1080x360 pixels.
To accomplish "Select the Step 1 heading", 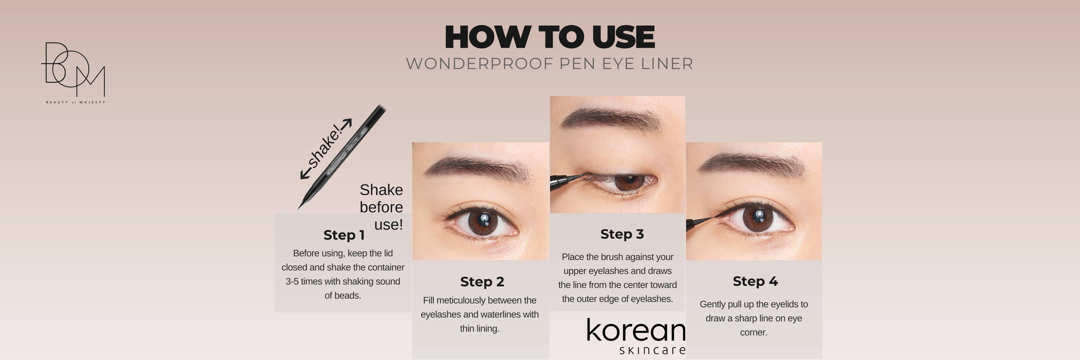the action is (x=344, y=235).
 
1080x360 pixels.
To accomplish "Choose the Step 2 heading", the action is (x=482, y=282).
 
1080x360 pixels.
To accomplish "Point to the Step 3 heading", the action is (x=622, y=234).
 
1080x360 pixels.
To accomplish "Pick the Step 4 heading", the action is (x=755, y=281).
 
